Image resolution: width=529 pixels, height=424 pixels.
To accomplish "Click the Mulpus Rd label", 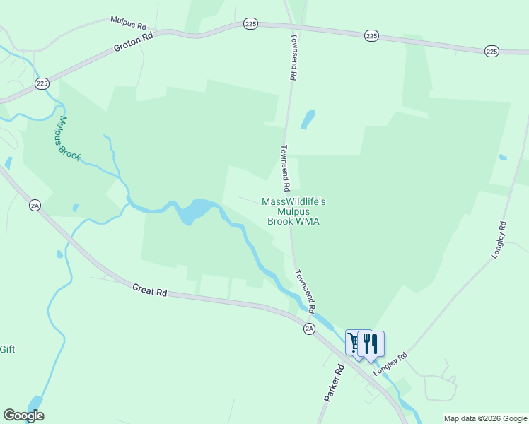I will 128,22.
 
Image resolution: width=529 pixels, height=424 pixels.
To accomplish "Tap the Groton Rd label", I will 134,45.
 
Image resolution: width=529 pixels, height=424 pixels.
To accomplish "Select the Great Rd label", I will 149,290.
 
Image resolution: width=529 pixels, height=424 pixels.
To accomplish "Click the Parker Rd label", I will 334,384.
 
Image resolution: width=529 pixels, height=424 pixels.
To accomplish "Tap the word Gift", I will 7,349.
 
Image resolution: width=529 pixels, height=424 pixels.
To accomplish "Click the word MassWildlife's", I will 293,201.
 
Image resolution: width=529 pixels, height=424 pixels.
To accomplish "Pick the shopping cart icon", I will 354,342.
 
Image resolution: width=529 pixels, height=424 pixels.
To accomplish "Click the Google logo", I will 23,416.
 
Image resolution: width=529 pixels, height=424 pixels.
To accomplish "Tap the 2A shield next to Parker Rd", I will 309,329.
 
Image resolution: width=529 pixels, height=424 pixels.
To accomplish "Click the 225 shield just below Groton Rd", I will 42,83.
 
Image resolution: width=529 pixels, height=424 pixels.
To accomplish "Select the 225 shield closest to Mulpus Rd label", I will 250,24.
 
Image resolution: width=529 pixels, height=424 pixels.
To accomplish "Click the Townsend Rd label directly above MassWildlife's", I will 284,169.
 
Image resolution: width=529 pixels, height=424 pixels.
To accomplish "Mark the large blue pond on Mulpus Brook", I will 194,211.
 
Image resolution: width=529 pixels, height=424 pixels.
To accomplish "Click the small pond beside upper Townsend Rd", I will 308,119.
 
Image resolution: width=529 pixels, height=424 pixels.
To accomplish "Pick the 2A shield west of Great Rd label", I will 35,205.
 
